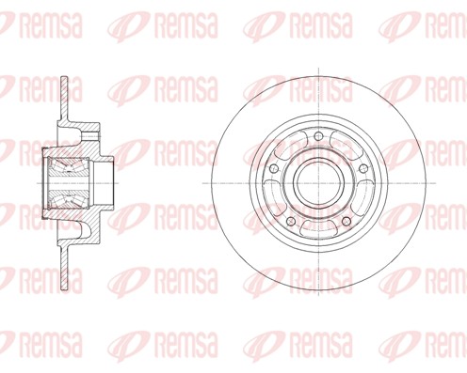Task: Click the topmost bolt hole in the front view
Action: tap(318, 136)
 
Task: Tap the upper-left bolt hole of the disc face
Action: tap(274, 168)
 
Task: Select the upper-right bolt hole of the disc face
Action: tap(363, 168)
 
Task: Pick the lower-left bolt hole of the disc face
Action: tap(291, 221)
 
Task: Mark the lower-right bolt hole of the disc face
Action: tap(346, 221)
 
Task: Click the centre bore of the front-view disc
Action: tap(318, 183)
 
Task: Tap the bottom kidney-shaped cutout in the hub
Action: tap(318, 228)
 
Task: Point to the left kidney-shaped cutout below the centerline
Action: tap(270, 197)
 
